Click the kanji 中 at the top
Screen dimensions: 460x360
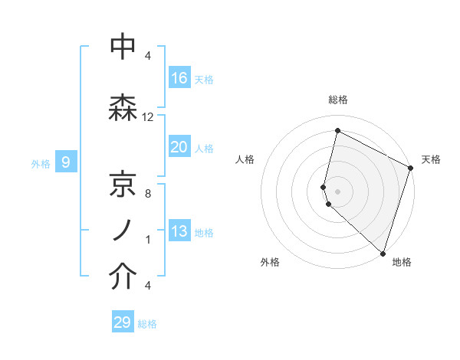(123, 47)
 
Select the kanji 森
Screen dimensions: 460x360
(123, 107)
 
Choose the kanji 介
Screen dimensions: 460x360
(123, 278)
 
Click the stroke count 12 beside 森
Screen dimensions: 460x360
(148, 117)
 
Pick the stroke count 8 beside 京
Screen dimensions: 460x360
(148, 194)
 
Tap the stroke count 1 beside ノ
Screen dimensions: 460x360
(148, 240)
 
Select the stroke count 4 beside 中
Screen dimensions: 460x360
(148, 56)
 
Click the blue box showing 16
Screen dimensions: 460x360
(179, 77)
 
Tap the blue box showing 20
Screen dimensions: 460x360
(179, 147)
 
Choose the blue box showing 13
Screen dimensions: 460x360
(179, 231)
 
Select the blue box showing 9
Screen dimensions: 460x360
(67, 162)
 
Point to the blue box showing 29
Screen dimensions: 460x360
(123, 322)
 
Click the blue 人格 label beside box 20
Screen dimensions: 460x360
(204, 148)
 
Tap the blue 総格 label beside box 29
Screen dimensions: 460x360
(147, 323)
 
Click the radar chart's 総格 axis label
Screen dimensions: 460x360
(337, 100)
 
